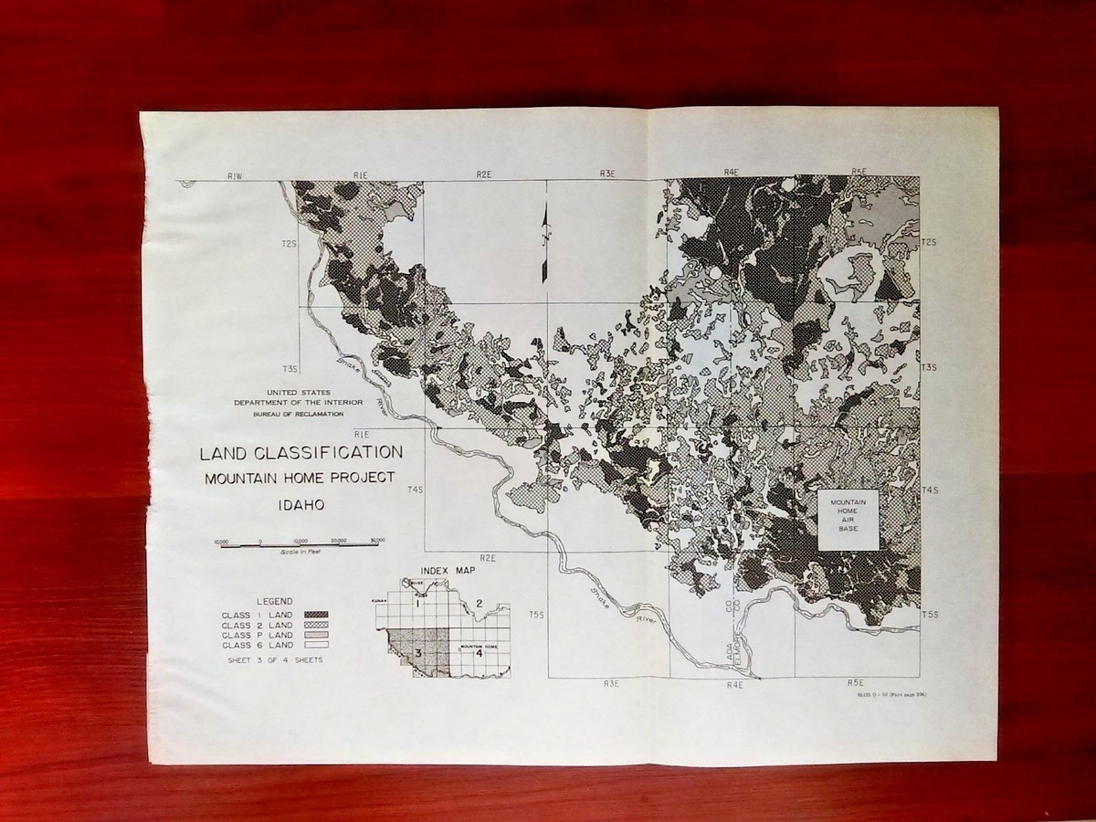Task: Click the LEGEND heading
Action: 274,601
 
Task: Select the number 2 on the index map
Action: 479,604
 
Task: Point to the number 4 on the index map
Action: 479,653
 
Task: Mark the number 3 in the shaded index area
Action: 417,653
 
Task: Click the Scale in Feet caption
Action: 298,553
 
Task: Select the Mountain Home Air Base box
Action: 848,520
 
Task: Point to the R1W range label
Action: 235,174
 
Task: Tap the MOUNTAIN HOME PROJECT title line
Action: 300,478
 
